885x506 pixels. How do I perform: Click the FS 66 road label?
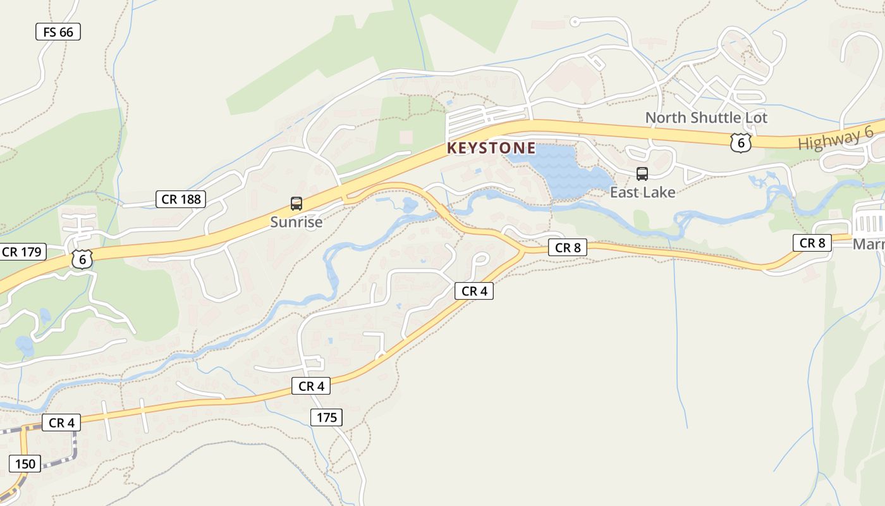[58, 32]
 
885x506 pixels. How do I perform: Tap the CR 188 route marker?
[181, 199]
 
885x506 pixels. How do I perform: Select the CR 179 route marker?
[21, 252]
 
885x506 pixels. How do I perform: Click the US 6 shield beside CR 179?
[82, 259]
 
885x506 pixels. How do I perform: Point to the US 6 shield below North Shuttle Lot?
[740, 143]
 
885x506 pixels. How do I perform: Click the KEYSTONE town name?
[491, 149]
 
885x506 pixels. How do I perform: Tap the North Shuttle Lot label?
[706, 118]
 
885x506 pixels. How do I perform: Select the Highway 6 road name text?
[835, 139]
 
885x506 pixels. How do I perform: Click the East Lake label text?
[642, 192]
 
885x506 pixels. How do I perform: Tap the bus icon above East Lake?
[642, 173]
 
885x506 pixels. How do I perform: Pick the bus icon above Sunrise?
[296, 203]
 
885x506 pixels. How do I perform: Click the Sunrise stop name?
[296, 222]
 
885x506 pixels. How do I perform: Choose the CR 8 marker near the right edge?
[812, 243]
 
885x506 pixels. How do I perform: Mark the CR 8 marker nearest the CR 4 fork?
[568, 248]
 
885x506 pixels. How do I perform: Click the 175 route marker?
[327, 417]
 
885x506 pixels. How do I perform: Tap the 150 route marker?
[25, 464]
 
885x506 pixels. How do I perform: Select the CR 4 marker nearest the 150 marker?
[61, 423]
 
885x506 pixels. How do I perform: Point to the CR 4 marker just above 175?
[311, 386]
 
